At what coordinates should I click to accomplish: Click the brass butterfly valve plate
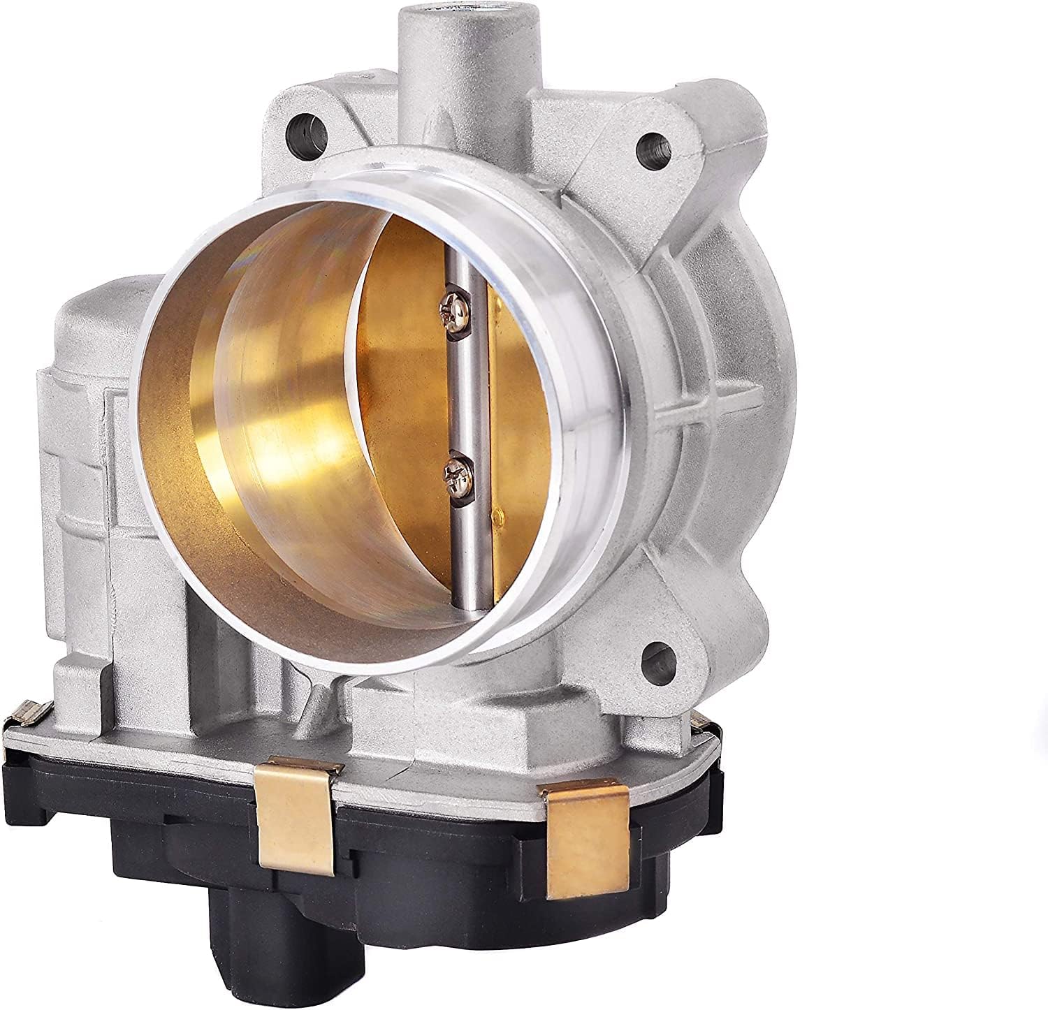(x=412, y=391)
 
